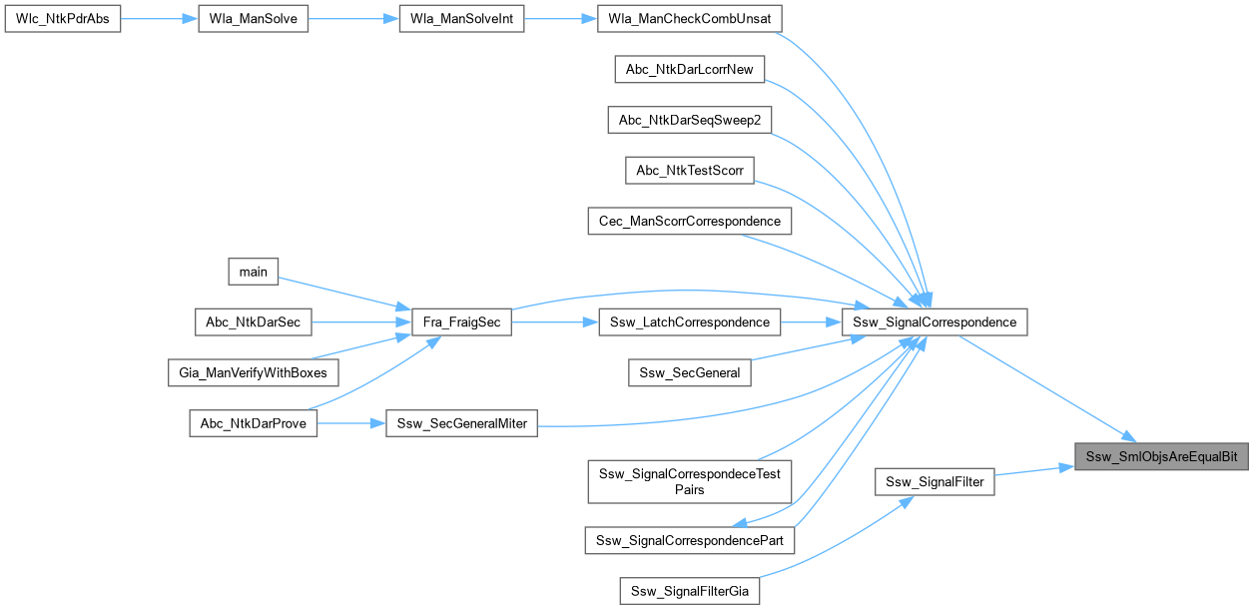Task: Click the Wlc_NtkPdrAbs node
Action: click(x=63, y=20)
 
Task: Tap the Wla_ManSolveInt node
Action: click(x=461, y=20)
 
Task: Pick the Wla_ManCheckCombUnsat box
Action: click(x=689, y=20)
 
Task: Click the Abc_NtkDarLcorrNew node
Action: click(x=689, y=69)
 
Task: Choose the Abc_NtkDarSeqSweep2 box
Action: click(x=689, y=120)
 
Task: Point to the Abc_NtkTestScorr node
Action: click(x=689, y=170)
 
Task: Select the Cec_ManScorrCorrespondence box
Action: click(x=689, y=220)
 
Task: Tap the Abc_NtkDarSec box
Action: click(x=254, y=321)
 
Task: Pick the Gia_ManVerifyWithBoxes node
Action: click(x=254, y=372)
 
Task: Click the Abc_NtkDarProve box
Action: click(x=254, y=423)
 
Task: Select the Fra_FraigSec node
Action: click(x=462, y=321)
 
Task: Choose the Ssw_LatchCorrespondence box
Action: click(x=689, y=321)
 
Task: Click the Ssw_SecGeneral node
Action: click(x=689, y=372)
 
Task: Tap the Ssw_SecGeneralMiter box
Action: click(x=462, y=423)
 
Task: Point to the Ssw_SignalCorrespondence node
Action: click(x=935, y=321)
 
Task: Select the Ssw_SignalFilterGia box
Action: click(x=689, y=590)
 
